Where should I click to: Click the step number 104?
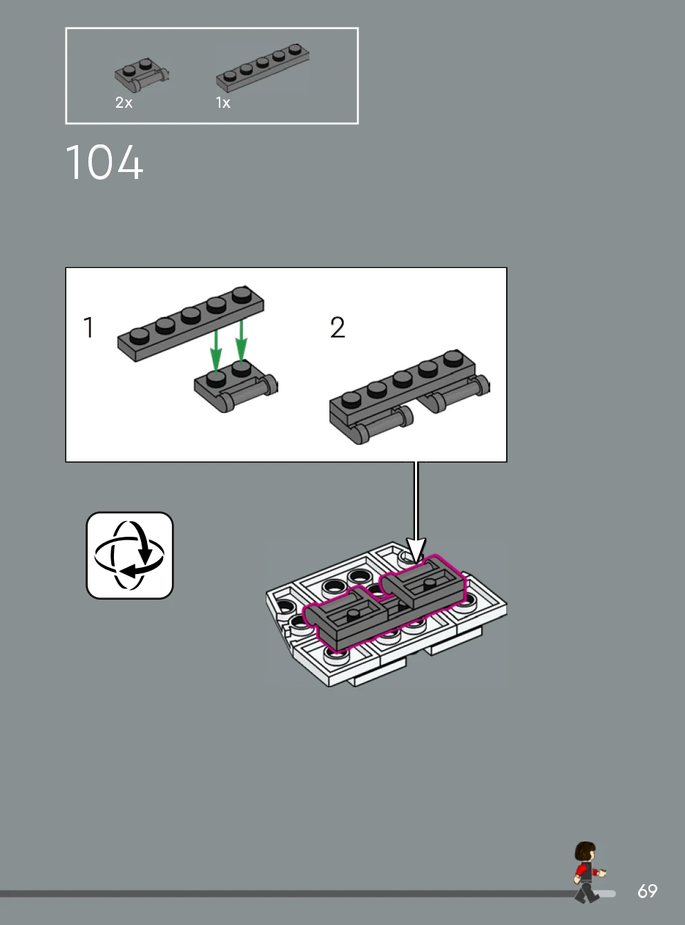click(x=104, y=162)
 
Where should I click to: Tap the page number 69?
click(x=648, y=890)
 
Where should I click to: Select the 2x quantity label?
click(x=124, y=103)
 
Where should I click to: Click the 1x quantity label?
click(x=223, y=103)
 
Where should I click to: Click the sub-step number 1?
click(x=88, y=327)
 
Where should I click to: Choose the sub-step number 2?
click(x=337, y=327)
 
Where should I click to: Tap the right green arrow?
click(x=242, y=341)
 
